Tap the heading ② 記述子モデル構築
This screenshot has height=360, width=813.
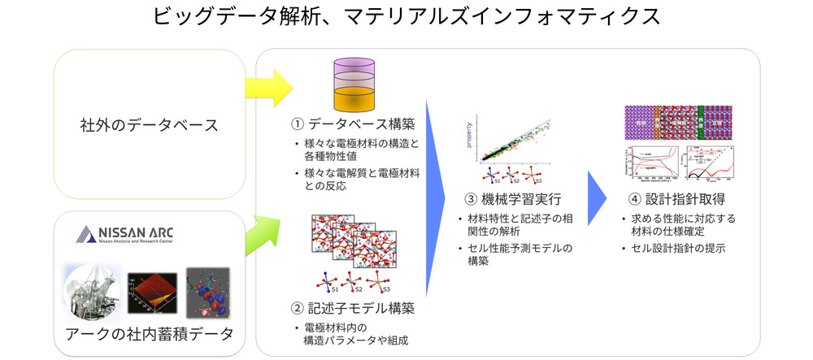[354, 308]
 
